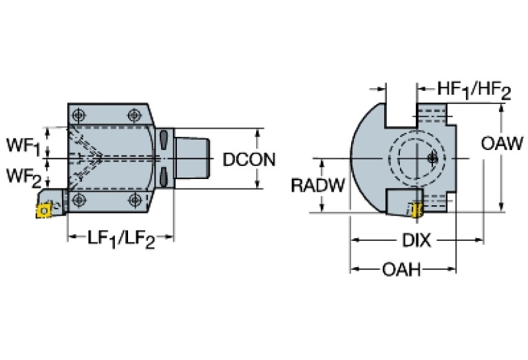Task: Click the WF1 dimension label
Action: pyautogui.click(x=22, y=146)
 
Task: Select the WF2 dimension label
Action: pyautogui.click(x=22, y=176)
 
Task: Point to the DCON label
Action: pyautogui.click(x=249, y=160)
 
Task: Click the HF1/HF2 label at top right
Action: pyautogui.click(x=474, y=90)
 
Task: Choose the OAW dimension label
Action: pyautogui.click(x=498, y=145)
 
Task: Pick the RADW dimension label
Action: pyautogui.click(x=315, y=185)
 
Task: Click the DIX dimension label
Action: pyautogui.click(x=416, y=240)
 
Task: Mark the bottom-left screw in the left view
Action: pyautogui.click(x=81, y=200)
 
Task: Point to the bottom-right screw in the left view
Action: pyautogui.click(x=135, y=200)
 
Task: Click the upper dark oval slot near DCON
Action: pyautogui.click(x=164, y=140)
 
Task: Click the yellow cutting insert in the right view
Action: pyautogui.click(x=416, y=209)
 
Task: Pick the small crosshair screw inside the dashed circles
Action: pyautogui.click(x=432, y=158)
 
